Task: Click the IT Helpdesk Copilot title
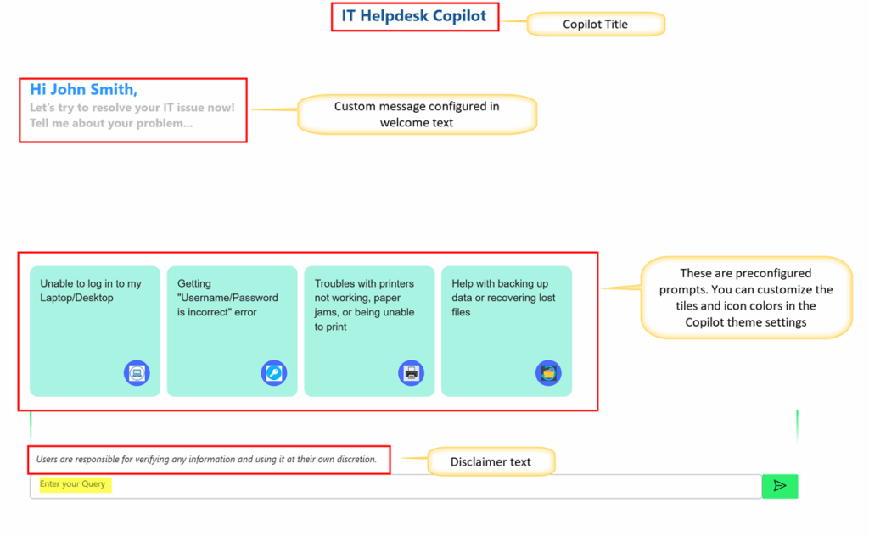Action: (413, 16)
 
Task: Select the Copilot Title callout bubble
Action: (595, 25)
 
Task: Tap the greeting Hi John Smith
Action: (83, 89)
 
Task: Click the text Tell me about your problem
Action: (111, 123)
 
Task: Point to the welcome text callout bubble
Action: (417, 114)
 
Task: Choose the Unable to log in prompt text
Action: (90, 291)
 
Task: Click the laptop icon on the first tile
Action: (137, 372)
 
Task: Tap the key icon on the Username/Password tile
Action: (274, 372)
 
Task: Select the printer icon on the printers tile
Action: (412, 372)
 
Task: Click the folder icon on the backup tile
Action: (548, 372)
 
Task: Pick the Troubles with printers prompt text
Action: (364, 305)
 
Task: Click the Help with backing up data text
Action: (503, 298)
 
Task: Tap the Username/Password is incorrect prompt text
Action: (227, 298)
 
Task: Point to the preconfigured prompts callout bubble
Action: (746, 298)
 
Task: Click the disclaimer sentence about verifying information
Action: (206, 459)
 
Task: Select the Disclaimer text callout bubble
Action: (491, 462)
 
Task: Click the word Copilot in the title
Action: (459, 16)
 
